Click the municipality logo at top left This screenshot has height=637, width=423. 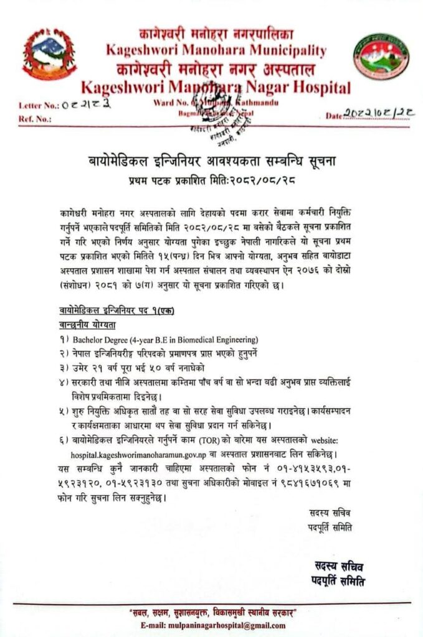[49, 55]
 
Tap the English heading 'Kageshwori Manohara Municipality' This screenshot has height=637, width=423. [216, 50]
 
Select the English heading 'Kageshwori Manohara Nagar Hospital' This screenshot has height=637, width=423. [216, 87]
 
